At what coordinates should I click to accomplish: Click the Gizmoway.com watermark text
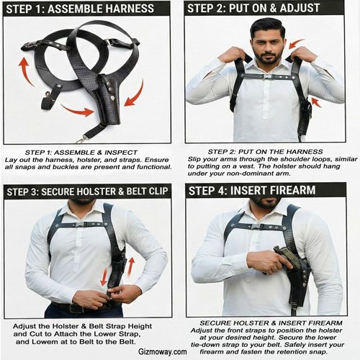(163, 352)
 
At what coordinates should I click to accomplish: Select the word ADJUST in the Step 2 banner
(300, 8)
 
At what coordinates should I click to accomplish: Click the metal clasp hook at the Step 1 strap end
(81, 139)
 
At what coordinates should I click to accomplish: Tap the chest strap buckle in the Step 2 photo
(266, 77)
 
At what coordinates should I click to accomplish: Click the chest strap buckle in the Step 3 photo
(81, 225)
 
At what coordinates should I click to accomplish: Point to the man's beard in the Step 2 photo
(268, 57)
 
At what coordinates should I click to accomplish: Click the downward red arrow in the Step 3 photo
(104, 277)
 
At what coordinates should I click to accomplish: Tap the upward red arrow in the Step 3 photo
(130, 266)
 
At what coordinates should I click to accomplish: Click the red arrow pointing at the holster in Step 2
(316, 102)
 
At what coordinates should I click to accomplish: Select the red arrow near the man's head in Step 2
(297, 43)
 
